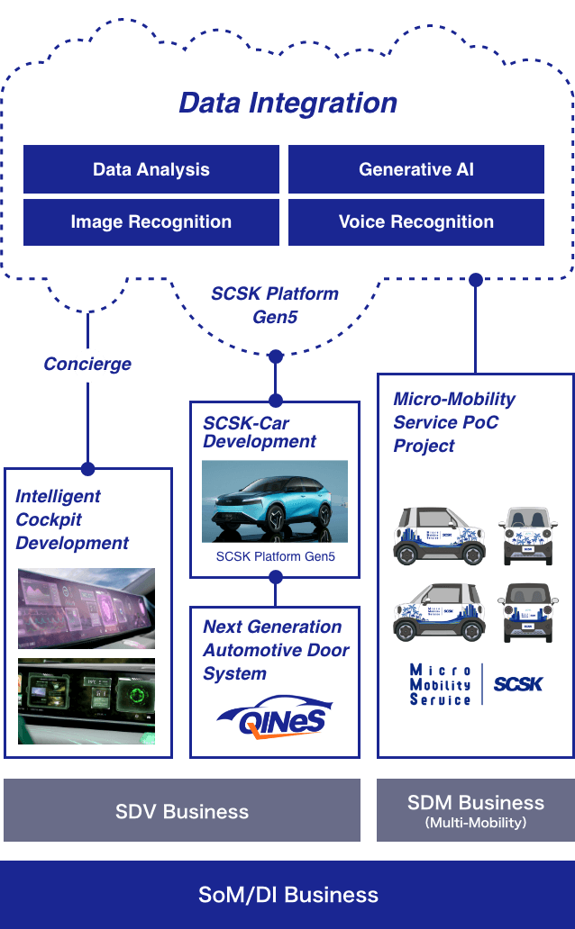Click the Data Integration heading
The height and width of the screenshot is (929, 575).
pos(287,103)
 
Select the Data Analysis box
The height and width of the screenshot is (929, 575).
pos(151,169)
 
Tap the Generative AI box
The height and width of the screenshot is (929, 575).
pos(416,169)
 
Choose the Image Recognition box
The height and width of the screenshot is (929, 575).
pos(151,222)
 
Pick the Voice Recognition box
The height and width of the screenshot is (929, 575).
pos(416,222)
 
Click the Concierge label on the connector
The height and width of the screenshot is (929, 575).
pos(88,365)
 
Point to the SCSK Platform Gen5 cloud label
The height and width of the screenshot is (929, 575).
pos(275,305)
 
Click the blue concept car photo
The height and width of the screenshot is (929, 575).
pos(274,502)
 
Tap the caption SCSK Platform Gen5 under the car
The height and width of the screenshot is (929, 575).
pos(275,557)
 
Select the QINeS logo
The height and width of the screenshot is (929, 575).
pos(275,717)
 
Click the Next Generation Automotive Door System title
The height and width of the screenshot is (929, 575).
pos(275,650)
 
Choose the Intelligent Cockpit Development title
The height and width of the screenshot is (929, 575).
pos(72,519)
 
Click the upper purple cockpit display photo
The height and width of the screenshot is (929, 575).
pos(87,608)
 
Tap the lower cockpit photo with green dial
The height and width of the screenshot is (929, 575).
pos(87,701)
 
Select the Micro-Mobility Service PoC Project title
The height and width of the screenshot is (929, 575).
pos(454,422)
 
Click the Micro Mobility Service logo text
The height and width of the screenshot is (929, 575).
pos(440,684)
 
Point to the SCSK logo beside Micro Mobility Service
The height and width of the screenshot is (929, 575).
pos(518,684)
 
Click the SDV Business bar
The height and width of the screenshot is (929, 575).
pos(182,811)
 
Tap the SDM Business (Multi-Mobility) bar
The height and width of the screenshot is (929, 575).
pos(475,810)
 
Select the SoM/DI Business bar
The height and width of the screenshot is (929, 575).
pos(287,895)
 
